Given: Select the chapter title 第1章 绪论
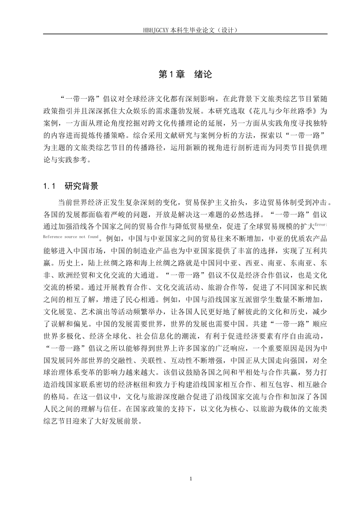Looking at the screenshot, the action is point(185,75).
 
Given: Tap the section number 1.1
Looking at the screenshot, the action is point(50,186).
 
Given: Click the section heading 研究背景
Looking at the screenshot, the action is point(82,186).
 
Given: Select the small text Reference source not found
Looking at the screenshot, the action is point(71,237).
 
